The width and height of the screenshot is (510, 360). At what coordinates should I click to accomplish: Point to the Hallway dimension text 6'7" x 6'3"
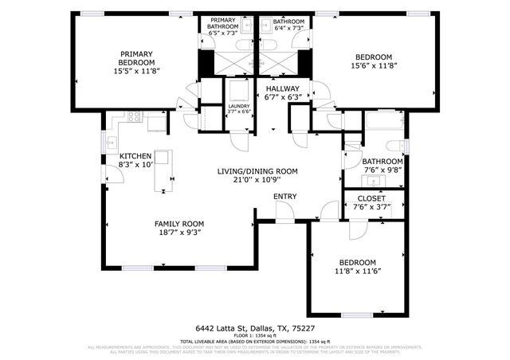point(282,98)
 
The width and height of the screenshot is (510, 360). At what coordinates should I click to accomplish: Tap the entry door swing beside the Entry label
point(283,210)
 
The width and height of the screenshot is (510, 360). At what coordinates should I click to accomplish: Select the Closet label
point(371,198)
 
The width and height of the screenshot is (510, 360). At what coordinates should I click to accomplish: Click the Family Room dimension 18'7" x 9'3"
point(178,233)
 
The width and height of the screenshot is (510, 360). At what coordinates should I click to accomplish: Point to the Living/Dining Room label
point(257,171)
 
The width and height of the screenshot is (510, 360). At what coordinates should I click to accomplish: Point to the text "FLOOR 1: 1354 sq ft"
point(254,337)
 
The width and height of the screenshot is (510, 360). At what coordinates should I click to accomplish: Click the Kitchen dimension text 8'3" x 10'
point(135,165)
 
